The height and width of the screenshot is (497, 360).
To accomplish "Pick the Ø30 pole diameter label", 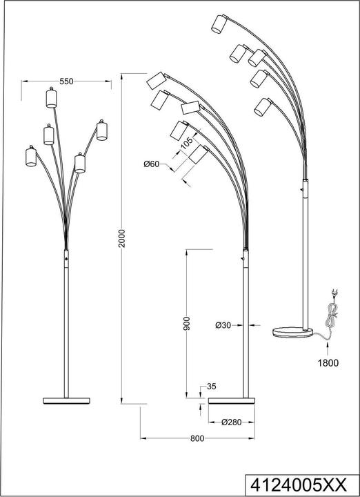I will click(222, 324).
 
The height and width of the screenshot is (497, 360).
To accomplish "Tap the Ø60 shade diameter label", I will click(152, 164).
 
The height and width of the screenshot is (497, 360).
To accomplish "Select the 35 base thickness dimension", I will click(212, 387).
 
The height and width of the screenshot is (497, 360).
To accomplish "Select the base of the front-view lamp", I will click(67, 400).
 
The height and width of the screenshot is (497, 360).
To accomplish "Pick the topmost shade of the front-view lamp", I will click(50, 97).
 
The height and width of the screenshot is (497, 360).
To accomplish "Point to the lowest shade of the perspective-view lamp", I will click(261, 108).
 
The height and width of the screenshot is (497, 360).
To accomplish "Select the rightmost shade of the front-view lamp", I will click(102, 130).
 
